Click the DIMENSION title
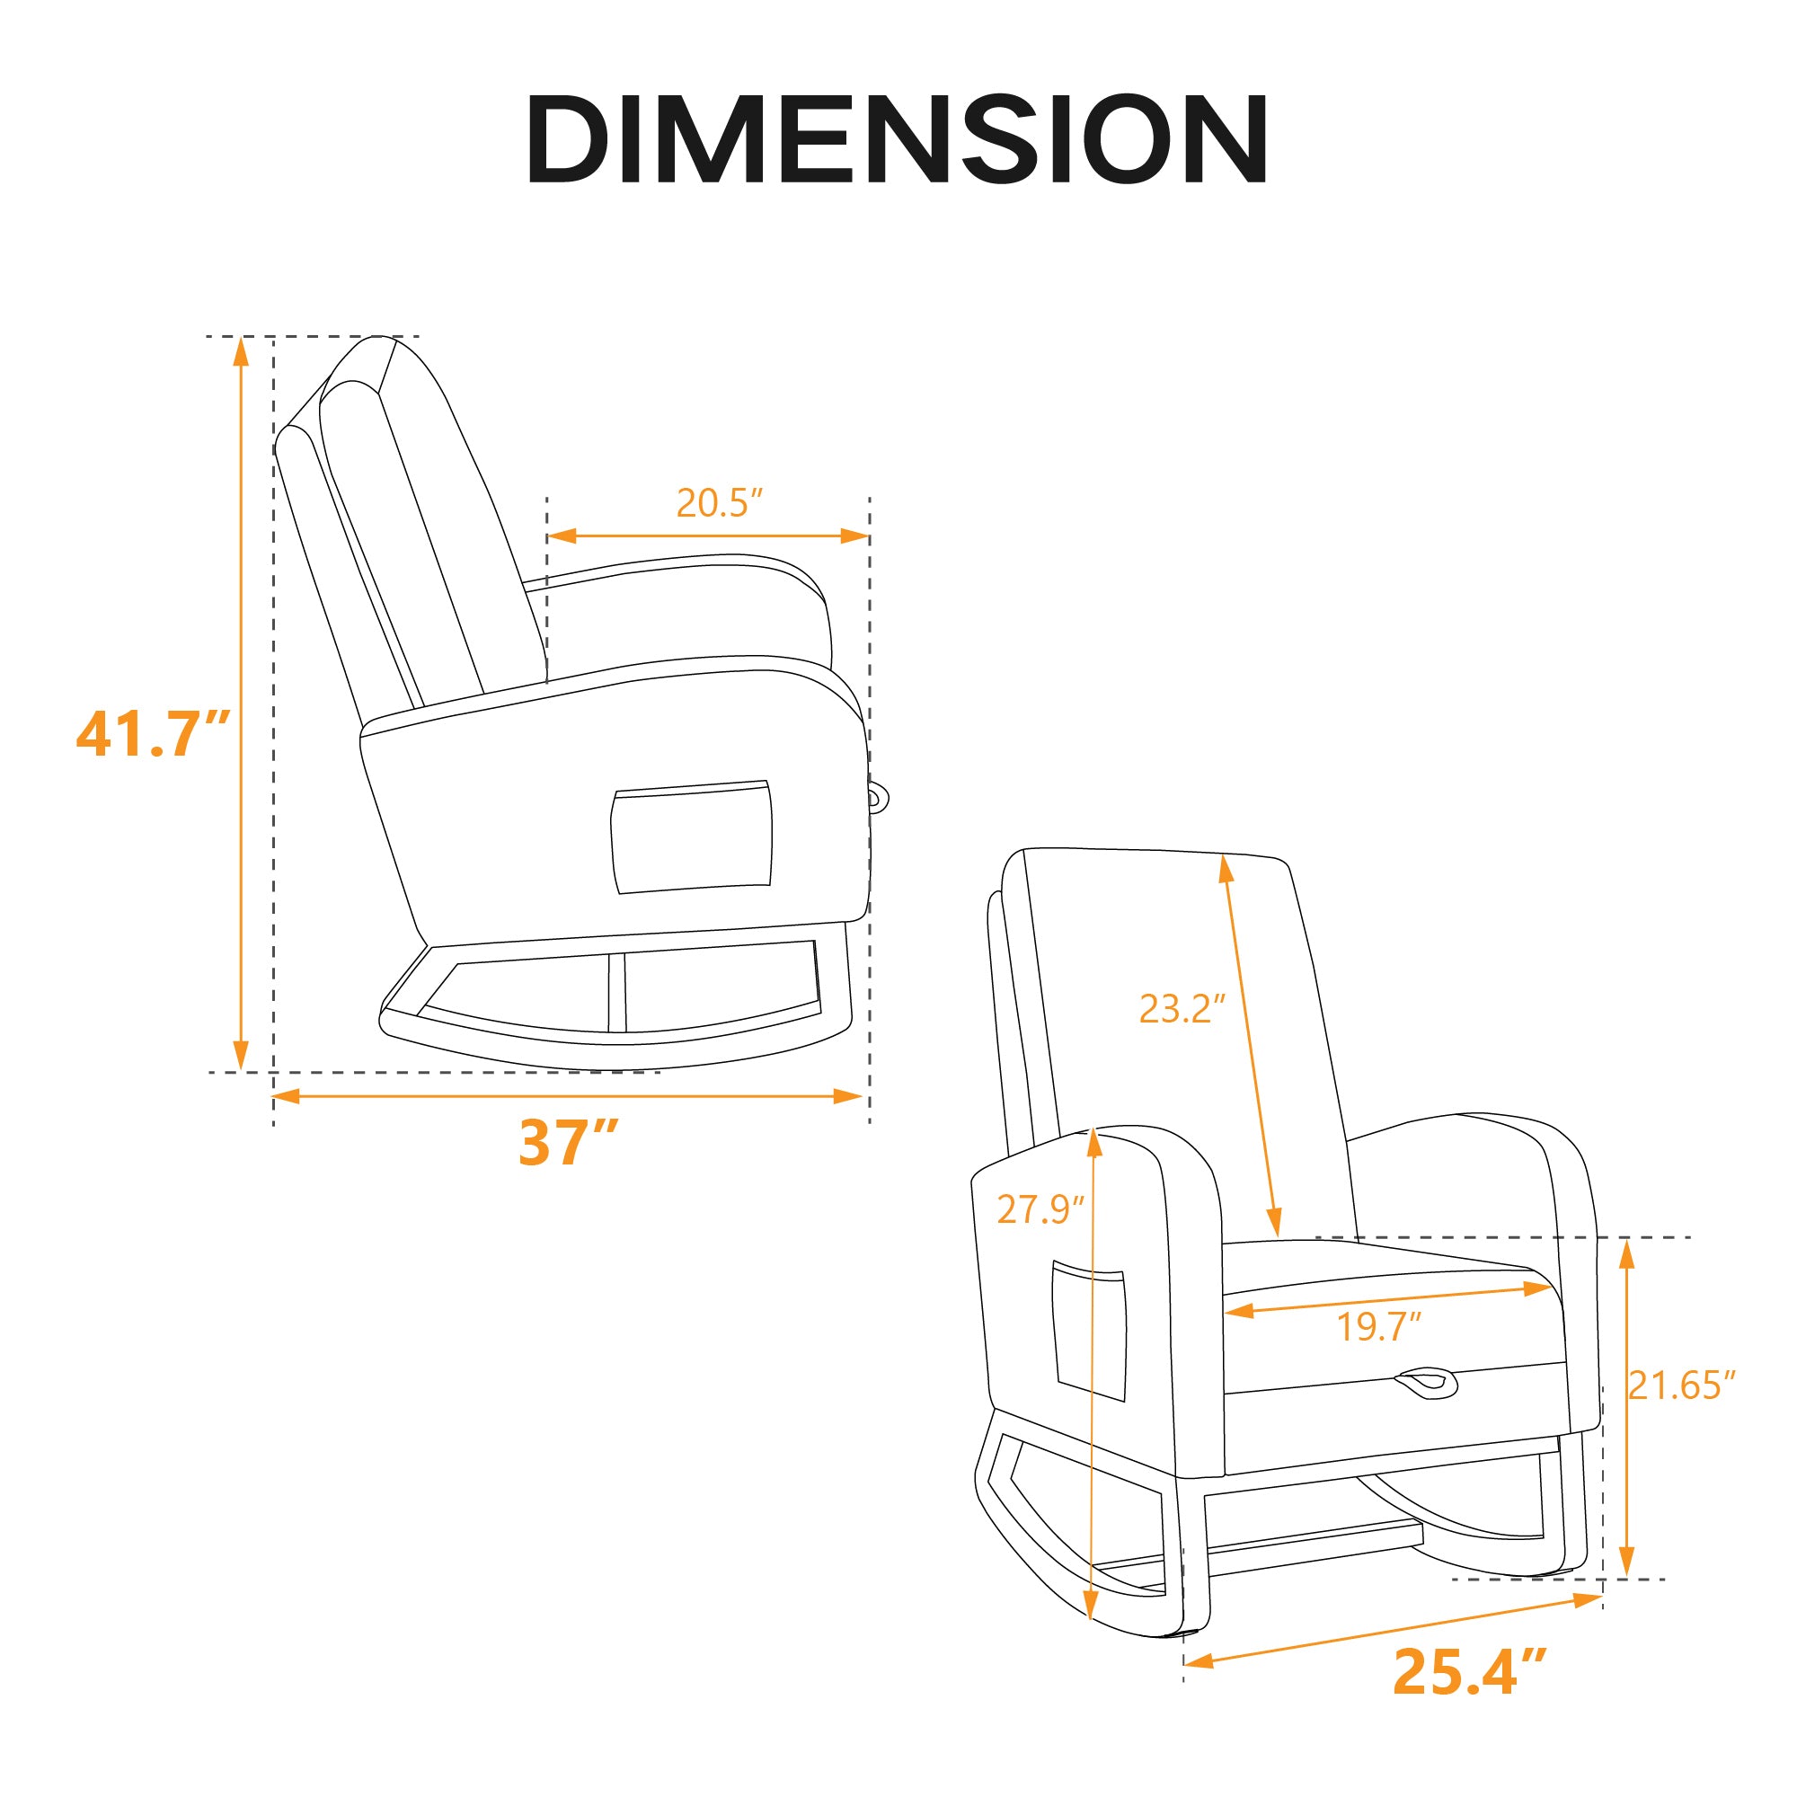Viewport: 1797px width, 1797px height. point(898,139)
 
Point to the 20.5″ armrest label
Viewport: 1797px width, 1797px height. point(719,503)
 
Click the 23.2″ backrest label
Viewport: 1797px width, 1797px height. point(1182,1008)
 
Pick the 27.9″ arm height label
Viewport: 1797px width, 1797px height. point(1040,1209)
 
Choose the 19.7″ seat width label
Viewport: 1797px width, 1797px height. point(1379,1326)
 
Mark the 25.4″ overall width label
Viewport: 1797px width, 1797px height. point(1470,1671)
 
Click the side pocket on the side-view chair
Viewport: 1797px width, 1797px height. point(692,837)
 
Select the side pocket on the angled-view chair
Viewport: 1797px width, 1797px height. point(1089,1331)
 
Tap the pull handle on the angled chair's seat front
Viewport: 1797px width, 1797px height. point(1426,1382)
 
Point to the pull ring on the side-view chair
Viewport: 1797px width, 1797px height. point(878,797)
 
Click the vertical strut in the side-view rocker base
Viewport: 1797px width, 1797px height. point(616,992)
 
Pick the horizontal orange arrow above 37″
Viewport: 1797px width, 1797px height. point(567,1096)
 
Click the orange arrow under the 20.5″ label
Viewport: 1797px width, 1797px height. point(708,536)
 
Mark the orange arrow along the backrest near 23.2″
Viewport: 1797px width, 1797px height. point(1251,1047)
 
